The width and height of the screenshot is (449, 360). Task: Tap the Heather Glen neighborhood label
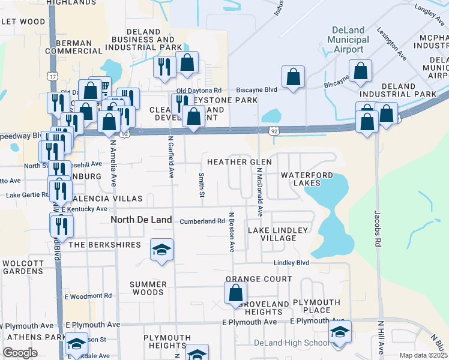[x=240, y=162]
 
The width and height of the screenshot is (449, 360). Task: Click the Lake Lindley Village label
[x=278, y=234]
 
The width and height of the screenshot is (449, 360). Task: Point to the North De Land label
[x=142, y=220]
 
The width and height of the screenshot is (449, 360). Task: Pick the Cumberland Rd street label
[x=198, y=221]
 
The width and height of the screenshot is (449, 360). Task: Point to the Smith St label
[x=202, y=185]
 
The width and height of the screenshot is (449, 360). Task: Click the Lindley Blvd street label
[x=291, y=263]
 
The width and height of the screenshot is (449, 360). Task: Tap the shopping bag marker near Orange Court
[x=236, y=293]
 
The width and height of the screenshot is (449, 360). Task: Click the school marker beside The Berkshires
[x=161, y=250]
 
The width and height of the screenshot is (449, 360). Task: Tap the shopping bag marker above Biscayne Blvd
[x=293, y=77]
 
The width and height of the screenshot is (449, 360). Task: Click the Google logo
[x=20, y=353]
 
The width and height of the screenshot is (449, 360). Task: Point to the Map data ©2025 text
[x=423, y=356]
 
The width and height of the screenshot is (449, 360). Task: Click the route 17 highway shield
[x=54, y=76]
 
